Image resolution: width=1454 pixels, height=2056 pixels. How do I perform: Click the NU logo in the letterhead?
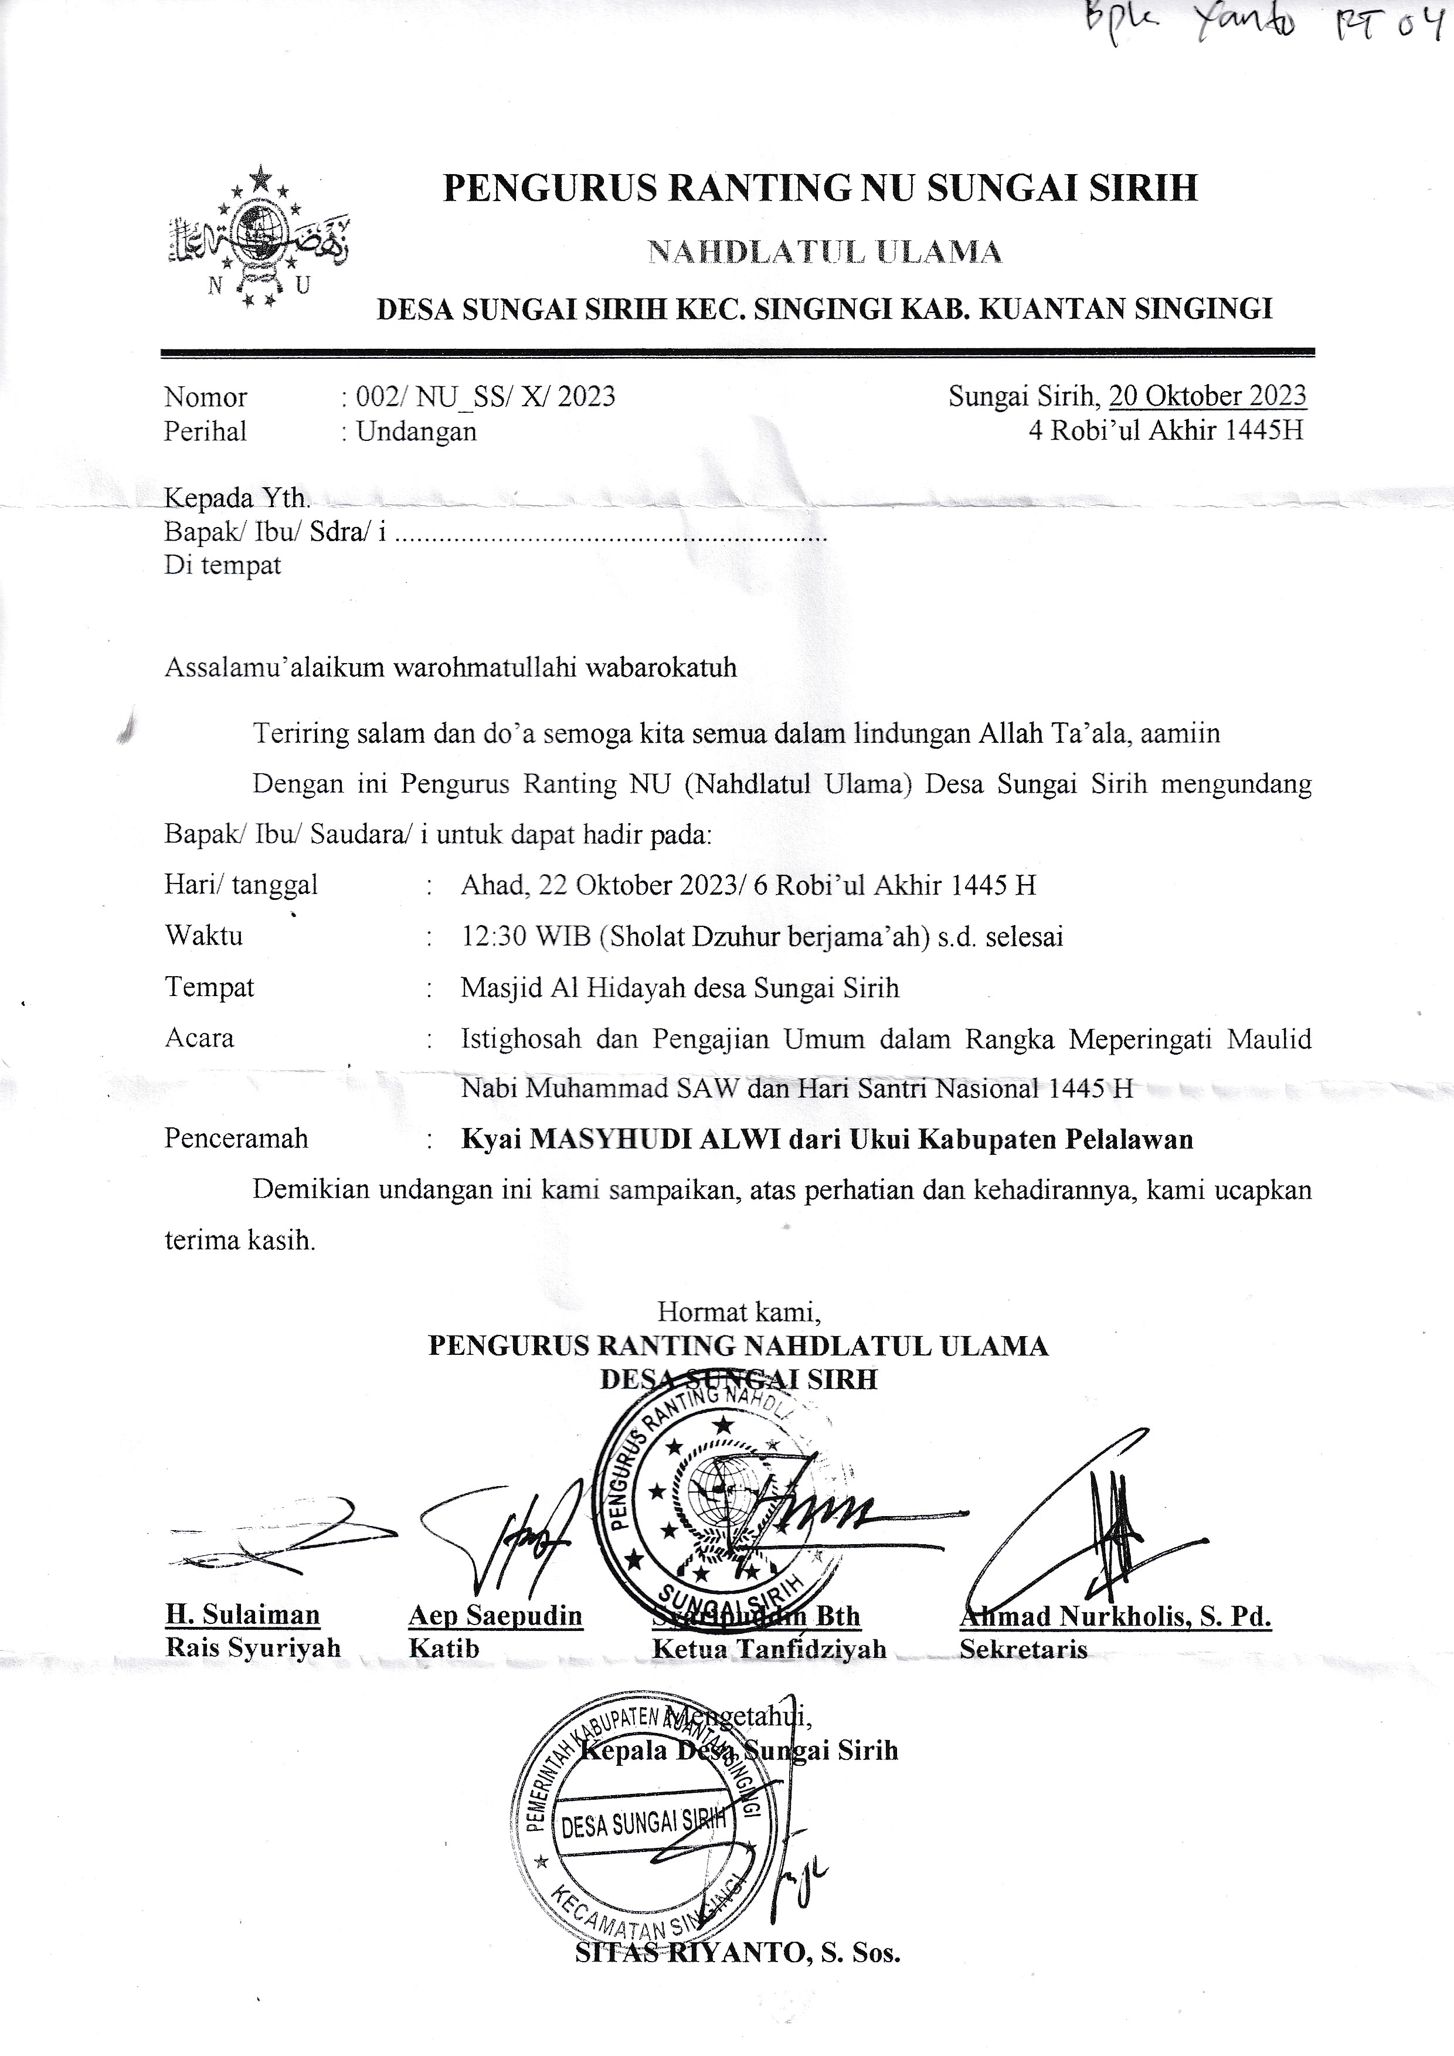259,238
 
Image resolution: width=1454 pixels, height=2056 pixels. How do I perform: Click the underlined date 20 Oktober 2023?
1207,396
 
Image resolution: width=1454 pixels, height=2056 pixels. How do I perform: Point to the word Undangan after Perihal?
416,431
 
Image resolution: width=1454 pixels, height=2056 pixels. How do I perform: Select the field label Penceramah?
236,1139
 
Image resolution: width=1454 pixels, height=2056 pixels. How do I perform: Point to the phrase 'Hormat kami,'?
739,1312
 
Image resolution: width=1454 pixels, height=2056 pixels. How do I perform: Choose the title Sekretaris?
1023,1649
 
